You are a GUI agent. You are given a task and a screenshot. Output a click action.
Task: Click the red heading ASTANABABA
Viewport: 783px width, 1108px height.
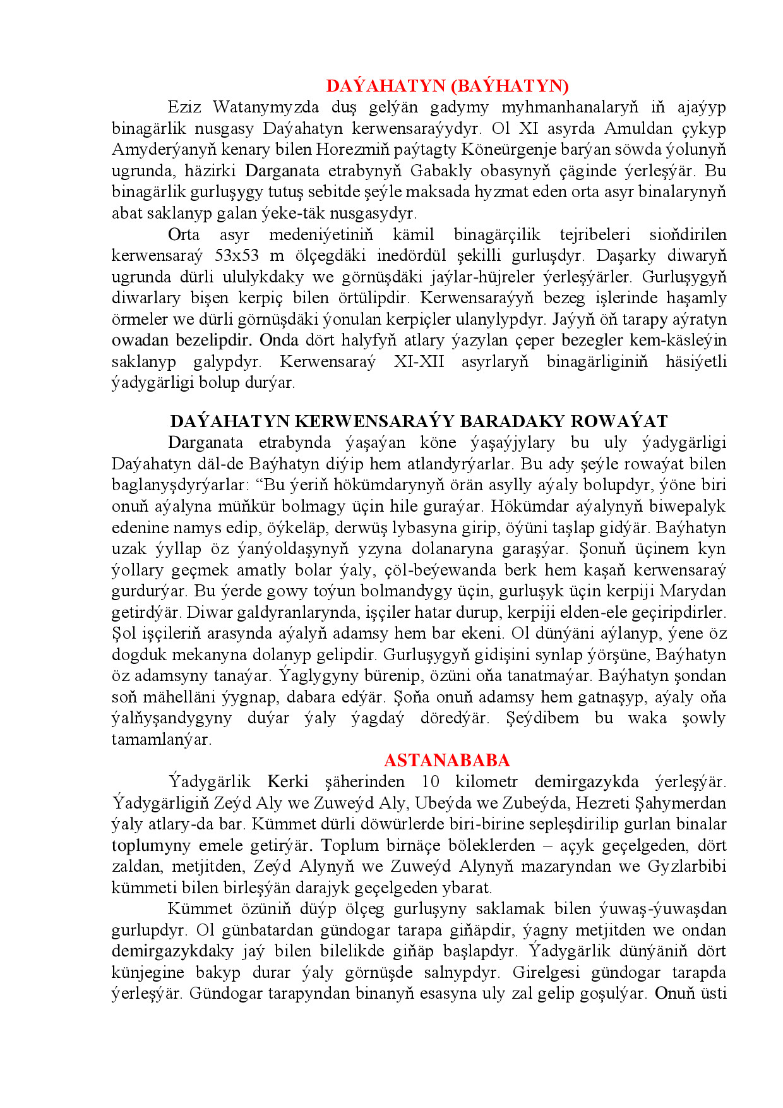coord(446,760)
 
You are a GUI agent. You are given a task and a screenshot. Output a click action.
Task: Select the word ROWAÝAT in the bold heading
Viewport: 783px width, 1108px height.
coord(619,421)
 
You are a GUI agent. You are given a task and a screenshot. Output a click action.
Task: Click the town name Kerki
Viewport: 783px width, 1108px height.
coord(288,781)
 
